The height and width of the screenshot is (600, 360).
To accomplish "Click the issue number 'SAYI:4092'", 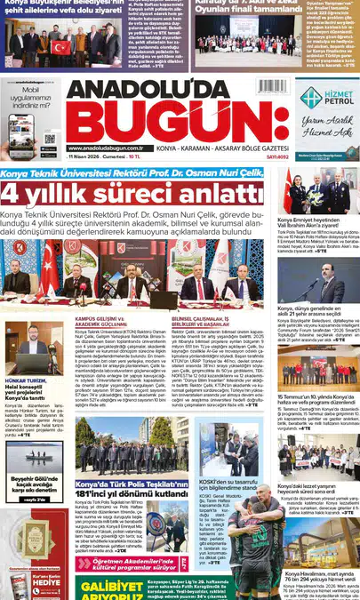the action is [276, 156].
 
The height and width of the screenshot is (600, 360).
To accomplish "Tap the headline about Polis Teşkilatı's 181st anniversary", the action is [131, 492].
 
